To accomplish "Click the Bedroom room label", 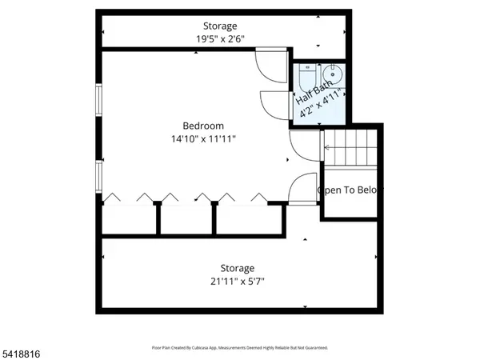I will [203, 126].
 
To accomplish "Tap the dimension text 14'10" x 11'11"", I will [203, 138].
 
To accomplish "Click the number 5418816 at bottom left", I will [21, 352].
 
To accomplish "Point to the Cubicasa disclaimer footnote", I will [239, 348].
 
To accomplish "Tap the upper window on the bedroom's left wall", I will [99, 101].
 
